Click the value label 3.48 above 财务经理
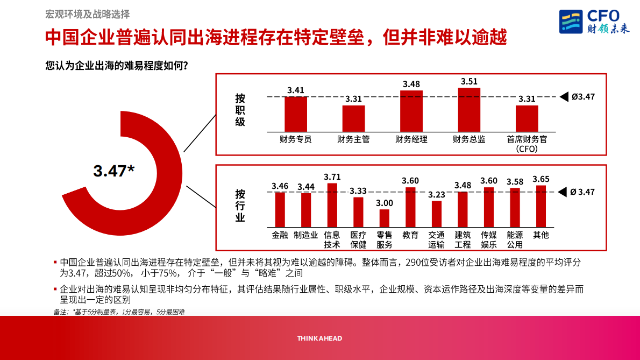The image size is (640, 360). [x=411, y=84]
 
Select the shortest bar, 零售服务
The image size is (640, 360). [x=384, y=218]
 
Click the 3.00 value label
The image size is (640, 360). [x=384, y=203]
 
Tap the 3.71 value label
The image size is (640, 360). [x=332, y=177]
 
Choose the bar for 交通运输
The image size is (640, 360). [x=436, y=214]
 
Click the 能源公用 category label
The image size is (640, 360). [x=515, y=239]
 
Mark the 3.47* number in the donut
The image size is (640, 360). [x=113, y=171]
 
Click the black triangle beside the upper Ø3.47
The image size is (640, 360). [x=564, y=97]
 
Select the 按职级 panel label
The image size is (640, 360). [x=240, y=110]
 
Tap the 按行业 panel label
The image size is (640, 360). [x=240, y=206]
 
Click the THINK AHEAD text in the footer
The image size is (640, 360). [x=319, y=338]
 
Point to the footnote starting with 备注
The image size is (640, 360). [x=119, y=312]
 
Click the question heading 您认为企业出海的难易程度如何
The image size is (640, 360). [x=117, y=66]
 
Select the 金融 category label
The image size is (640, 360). [x=280, y=235]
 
